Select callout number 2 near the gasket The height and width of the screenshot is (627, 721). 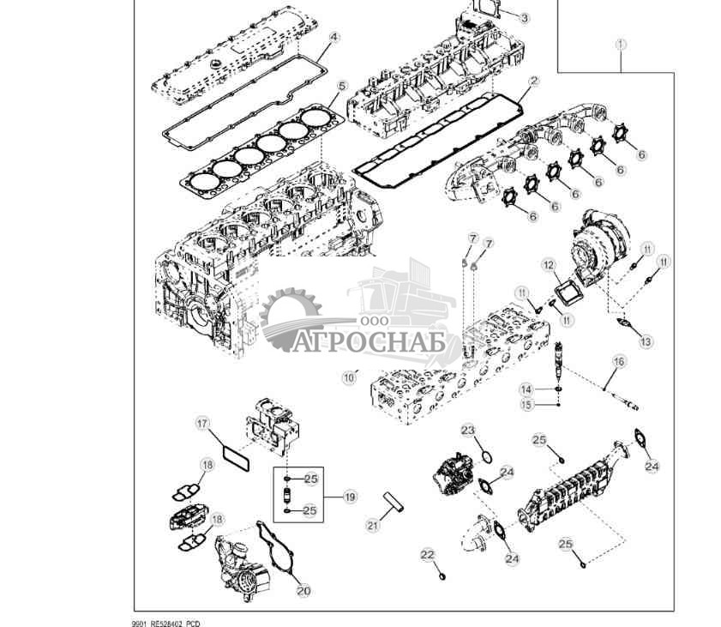pos(533,81)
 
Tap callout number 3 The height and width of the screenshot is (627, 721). pos(525,18)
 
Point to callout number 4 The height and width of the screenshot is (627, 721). pos(334,38)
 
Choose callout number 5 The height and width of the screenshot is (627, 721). pos(341,86)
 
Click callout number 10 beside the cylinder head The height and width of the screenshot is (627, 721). pos(349,376)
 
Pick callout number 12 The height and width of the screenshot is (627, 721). pos(549,266)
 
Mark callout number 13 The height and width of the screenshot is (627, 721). pos(646,341)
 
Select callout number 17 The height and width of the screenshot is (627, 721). pos(202,423)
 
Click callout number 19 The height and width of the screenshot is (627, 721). pos(349,496)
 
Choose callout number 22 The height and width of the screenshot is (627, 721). pos(428,555)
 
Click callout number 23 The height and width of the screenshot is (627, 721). pos(467,430)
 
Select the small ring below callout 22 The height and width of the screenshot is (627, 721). pos(442,576)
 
